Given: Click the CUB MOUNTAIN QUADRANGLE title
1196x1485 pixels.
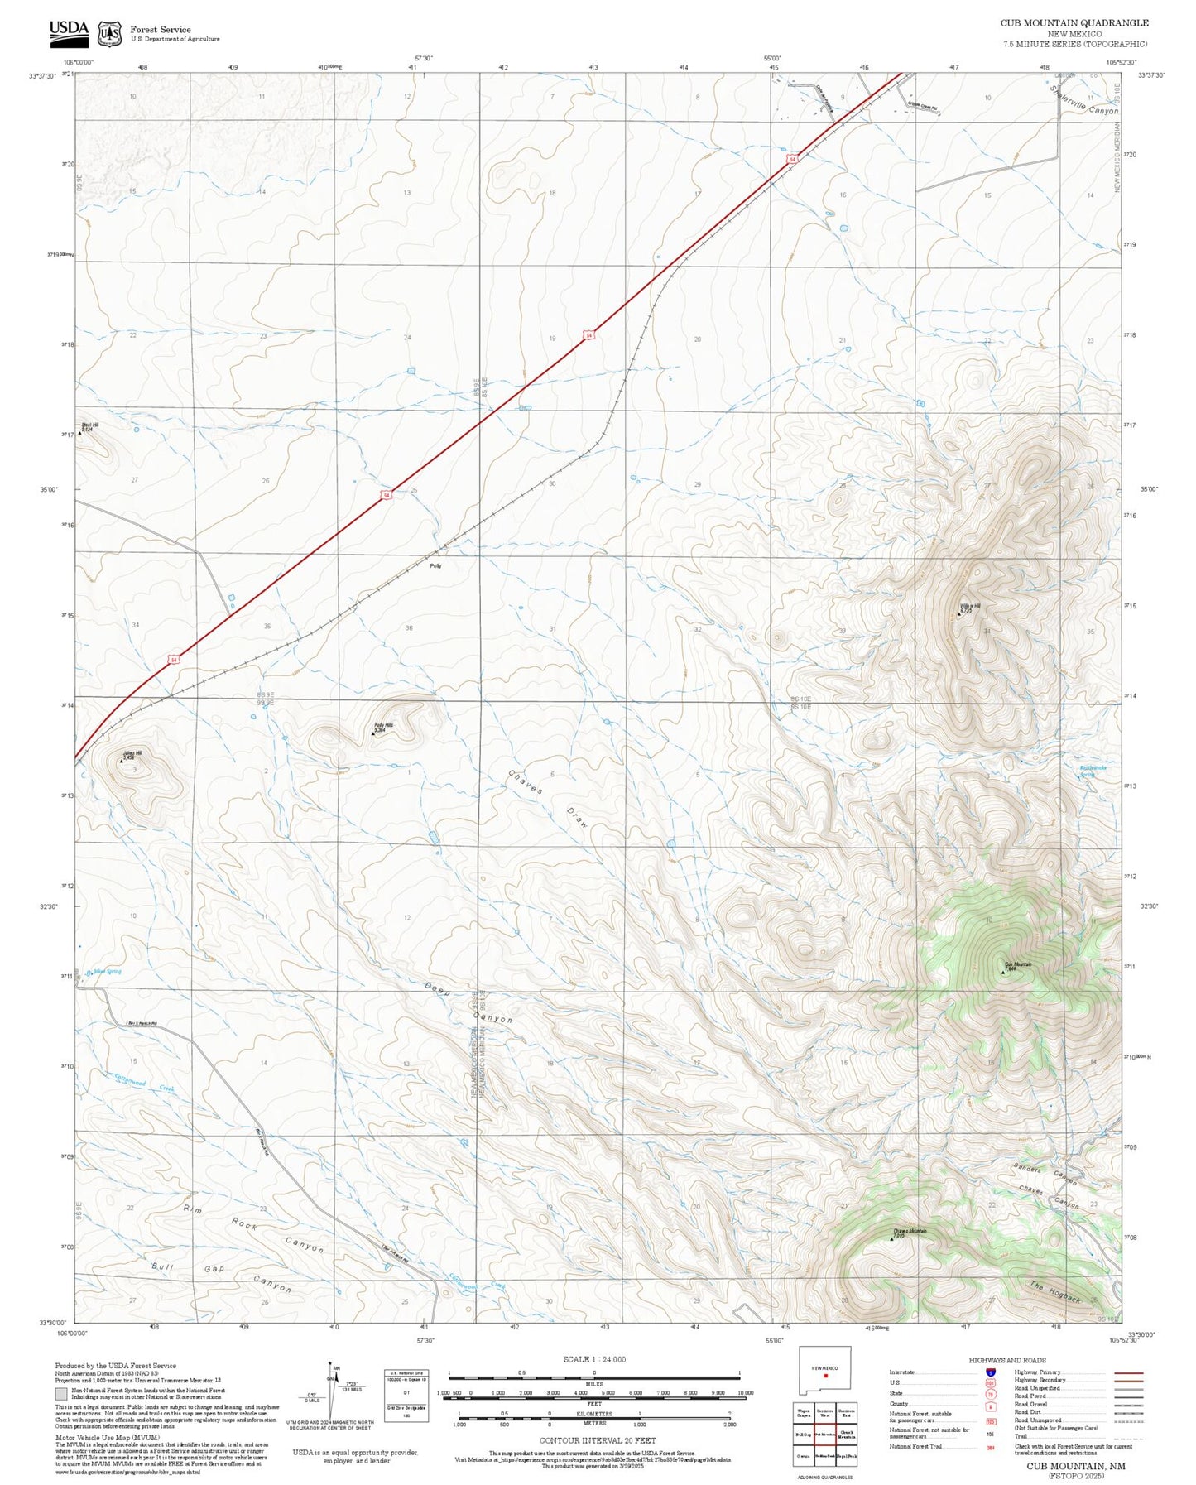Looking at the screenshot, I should click(1074, 23).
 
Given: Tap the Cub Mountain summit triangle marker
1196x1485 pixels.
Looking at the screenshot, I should click(1003, 972).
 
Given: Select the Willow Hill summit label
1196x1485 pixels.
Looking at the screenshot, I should click(970, 606).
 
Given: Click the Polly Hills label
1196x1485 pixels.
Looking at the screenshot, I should click(383, 725).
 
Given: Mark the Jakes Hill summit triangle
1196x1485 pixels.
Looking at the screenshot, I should click(122, 760).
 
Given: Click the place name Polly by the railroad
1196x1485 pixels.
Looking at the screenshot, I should click(435, 566).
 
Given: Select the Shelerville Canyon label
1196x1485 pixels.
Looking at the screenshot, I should click(1083, 100).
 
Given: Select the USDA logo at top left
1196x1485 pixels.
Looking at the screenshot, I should click(69, 31).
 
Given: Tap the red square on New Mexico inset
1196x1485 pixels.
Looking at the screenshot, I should click(825, 1377).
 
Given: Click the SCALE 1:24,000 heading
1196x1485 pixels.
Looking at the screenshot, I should click(594, 1359).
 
